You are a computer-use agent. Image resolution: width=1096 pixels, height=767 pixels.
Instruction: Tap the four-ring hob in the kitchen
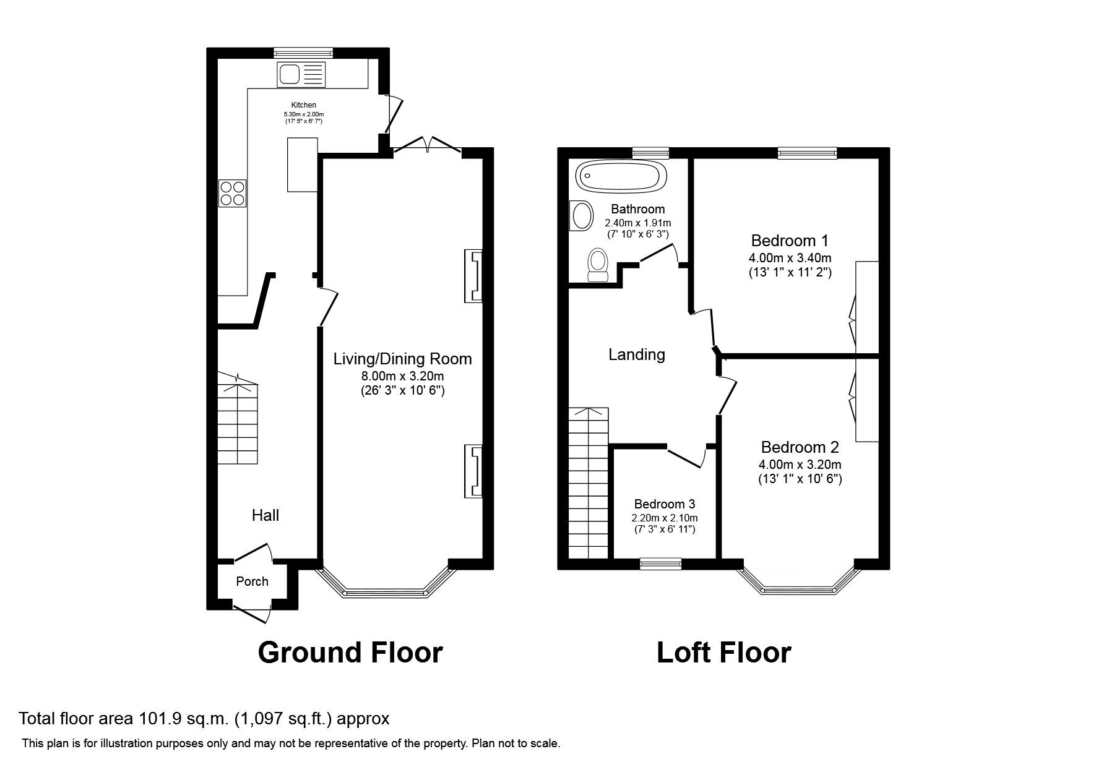pos(233,192)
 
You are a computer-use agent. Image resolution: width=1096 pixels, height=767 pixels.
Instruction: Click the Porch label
pos(252,581)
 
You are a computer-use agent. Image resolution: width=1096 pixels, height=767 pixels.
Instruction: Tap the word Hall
pos(265,515)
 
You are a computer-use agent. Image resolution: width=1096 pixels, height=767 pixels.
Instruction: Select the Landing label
pos(636,354)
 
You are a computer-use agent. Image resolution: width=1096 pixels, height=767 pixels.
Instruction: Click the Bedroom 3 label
pos(664,503)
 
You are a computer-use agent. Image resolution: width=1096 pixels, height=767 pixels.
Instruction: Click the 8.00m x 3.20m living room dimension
pos(402,376)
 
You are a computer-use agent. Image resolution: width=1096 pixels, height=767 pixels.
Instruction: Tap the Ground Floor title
pos(350,653)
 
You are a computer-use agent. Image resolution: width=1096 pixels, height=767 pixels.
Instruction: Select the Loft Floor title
pos(723,653)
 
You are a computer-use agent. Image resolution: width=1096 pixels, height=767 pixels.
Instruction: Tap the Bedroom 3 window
pos(660,563)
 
